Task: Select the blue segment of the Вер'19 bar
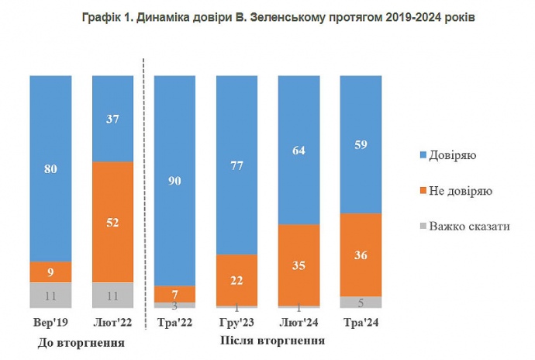pos(50,168)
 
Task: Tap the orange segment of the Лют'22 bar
pos(112,222)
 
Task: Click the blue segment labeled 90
pos(175,180)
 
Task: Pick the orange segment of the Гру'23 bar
pos(237,279)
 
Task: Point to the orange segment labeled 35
pos(299,264)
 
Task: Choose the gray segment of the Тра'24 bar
pos(361,302)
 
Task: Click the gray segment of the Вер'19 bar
pos(50,295)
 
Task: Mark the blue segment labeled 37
pos(112,118)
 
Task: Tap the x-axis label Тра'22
pos(175,322)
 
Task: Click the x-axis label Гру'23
pos(237,322)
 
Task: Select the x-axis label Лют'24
pos(299,322)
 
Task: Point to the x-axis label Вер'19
pos(50,322)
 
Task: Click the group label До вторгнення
pos(81,342)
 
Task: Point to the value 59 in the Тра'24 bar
pos(361,144)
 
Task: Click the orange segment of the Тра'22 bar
pos(175,293)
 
